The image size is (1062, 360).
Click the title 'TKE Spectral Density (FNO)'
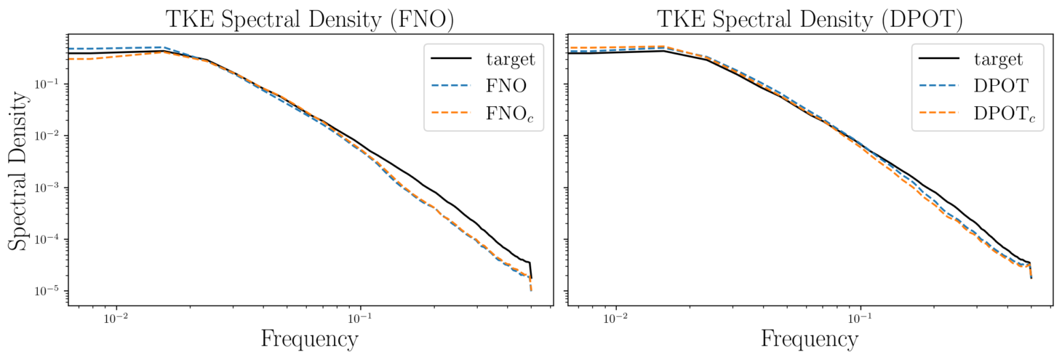(310, 20)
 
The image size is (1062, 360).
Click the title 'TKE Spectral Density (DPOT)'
(810, 20)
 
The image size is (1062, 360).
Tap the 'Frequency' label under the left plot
(309, 339)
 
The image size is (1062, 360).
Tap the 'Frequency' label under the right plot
(810, 339)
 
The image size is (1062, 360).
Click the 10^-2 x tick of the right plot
(617, 318)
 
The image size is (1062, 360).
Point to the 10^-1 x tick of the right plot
(861, 318)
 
